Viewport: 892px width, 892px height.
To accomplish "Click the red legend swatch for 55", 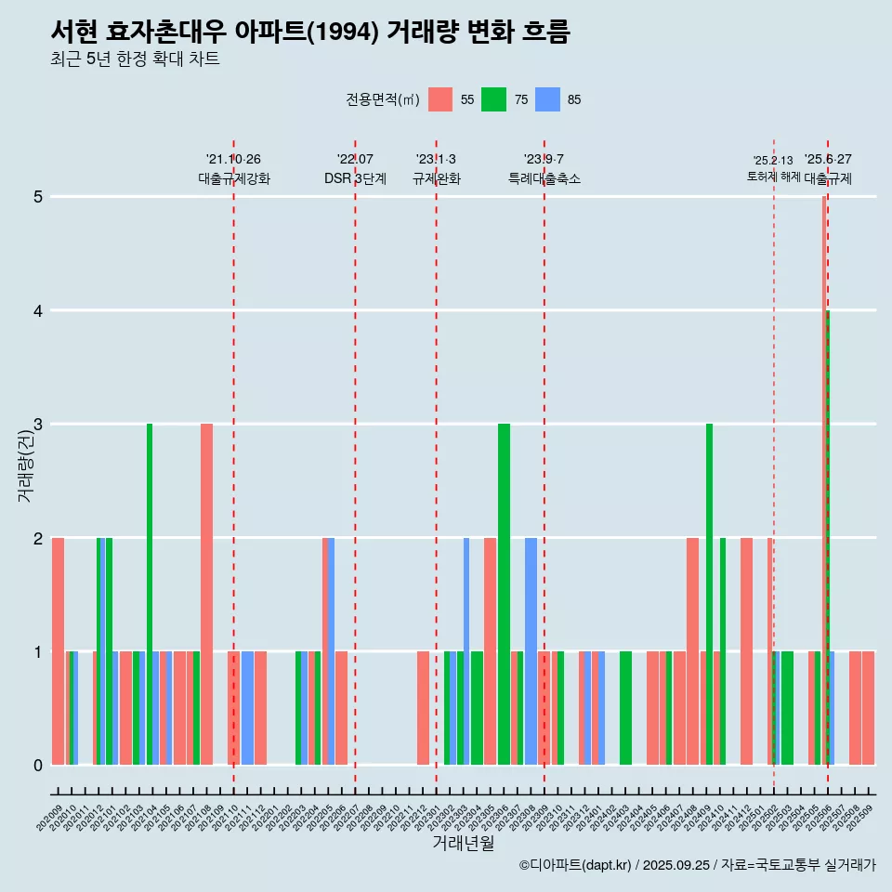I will (440, 99).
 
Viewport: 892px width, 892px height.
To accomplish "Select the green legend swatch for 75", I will (493, 99).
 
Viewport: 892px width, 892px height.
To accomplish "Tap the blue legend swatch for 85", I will (548, 99).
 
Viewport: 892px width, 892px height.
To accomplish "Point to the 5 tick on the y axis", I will (38, 197).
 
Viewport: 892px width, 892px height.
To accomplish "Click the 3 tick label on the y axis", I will (38, 425).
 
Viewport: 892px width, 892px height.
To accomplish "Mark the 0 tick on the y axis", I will (38, 766).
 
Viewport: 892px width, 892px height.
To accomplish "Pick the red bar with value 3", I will (206, 595).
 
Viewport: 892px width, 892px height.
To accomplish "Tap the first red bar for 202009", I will (58, 651).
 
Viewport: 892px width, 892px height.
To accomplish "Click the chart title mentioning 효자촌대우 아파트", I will (310, 33).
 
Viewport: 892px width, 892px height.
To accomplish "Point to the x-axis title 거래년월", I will (463, 843).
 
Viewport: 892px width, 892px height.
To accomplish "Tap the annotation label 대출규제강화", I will (234, 178).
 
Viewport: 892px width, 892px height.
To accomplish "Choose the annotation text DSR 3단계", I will (355, 178).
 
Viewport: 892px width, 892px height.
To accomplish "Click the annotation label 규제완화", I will (436, 178).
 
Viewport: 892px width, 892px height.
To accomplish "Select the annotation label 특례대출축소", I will (544, 178).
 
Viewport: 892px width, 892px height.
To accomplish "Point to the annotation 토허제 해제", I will (773, 177).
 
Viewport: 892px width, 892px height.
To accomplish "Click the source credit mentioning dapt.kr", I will (697, 865).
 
